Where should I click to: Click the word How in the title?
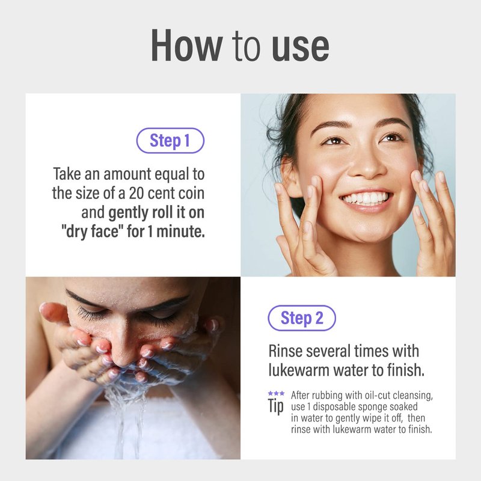point(187,46)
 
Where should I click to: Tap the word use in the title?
point(300,47)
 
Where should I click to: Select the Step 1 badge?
point(170,141)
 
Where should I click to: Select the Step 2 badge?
point(302,318)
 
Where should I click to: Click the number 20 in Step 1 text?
point(136,193)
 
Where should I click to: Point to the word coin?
point(192,193)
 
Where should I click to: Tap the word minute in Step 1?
point(180,231)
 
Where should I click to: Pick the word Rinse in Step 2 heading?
point(285,351)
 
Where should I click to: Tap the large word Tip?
point(276,406)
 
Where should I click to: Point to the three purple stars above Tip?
point(276,393)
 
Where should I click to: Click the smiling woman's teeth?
point(366,198)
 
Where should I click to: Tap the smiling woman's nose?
point(367,162)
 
